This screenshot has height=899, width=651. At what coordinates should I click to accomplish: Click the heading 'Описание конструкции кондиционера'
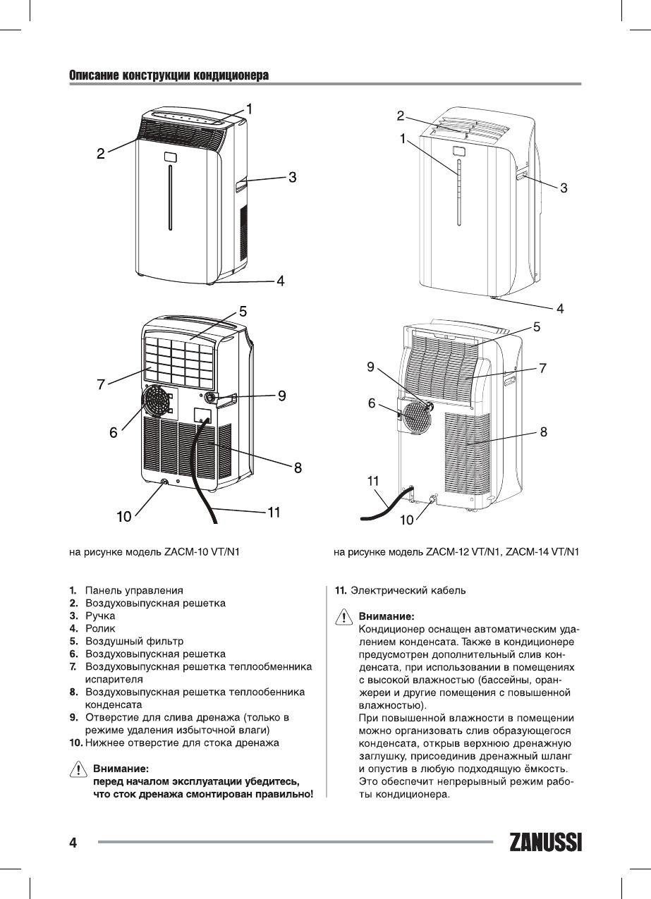click(x=169, y=75)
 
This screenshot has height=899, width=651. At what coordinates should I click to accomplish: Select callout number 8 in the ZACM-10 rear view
click(x=298, y=466)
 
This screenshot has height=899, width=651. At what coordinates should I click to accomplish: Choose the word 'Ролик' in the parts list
click(x=100, y=628)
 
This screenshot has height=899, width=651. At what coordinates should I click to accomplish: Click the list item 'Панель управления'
click(x=134, y=590)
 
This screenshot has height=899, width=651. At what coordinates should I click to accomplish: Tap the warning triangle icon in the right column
click(x=343, y=617)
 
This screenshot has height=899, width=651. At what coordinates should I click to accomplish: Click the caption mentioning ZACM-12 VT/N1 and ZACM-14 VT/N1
click(x=456, y=550)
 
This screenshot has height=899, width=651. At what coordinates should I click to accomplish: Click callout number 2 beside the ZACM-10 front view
click(x=102, y=152)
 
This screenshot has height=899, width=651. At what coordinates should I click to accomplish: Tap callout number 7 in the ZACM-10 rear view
click(x=102, y=385)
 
